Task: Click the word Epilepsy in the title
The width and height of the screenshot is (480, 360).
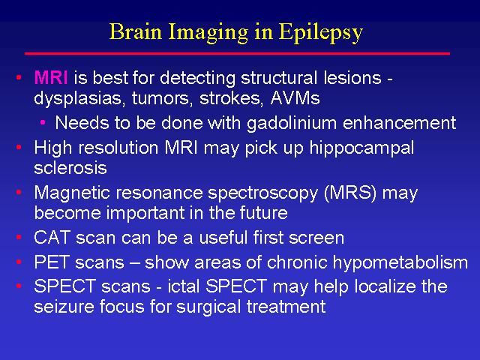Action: point(321,33)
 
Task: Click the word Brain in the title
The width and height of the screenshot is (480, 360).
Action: point(135,31)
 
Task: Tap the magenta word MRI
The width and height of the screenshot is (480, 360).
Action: point(51,77)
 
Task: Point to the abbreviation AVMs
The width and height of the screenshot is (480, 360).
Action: point(295,98)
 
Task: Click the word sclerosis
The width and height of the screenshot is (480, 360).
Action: point(70,168)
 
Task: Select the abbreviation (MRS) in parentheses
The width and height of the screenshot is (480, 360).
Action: point(350,193)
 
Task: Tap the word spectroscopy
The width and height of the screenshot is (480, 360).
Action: point(263,194)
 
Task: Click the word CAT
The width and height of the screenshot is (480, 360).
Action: point(52,238)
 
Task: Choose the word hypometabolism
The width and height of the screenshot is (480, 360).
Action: point(400,263)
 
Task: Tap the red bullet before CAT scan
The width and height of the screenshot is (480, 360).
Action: point(19,237)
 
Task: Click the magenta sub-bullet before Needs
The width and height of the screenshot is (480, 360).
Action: point(43,123)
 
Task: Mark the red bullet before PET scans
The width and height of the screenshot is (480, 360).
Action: point(19,262)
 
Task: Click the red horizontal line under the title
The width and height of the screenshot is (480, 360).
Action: point(237,53)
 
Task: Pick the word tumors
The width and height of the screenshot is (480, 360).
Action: point(162,98)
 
